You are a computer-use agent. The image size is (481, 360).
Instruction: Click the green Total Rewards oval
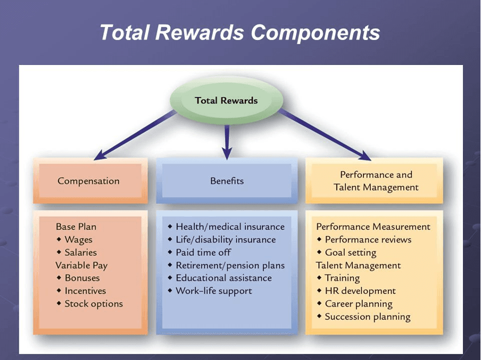pyautogui.click(x=226, y=100)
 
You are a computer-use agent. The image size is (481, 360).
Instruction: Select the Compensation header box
pyautogui.click(x=89, y=181)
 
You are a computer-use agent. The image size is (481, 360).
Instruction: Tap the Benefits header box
pyautogui.click(x=227, y=181)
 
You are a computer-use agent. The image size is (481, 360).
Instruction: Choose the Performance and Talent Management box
pyautogui.click(x=376, y=181)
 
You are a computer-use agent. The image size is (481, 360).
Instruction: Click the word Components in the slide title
pyautogui.click(x=316, y=32)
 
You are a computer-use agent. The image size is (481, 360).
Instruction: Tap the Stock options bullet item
pyautogui.click(x=93, y=304)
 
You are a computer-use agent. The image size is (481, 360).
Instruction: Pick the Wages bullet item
pyautogui.click(x=78, y=240)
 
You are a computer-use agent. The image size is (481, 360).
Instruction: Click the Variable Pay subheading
pyautogui.click(x=81, y=265)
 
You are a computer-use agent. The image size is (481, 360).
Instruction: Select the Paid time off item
pyautogui.click(x=203, y=252)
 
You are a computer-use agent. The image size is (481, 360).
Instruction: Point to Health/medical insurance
pyautogui.click(x=230, y=227)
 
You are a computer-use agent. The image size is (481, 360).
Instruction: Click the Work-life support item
pyautogui.click(x=213, y=291)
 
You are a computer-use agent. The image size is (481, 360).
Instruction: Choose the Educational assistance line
pyautogui.click(x=223, y=278)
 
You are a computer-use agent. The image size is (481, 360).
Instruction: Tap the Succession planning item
pyautogui.click(x=367, y=317)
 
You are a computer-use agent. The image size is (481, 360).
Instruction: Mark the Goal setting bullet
pyautogui.click(x=350, y=252)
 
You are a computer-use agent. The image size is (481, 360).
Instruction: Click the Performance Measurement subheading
pyautogui.click(x=373, y=227)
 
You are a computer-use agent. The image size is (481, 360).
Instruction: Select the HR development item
pyautogui.click(x=360, y=291)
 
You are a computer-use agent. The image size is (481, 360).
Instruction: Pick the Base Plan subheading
pyautogui.click(x=76, y=227)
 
